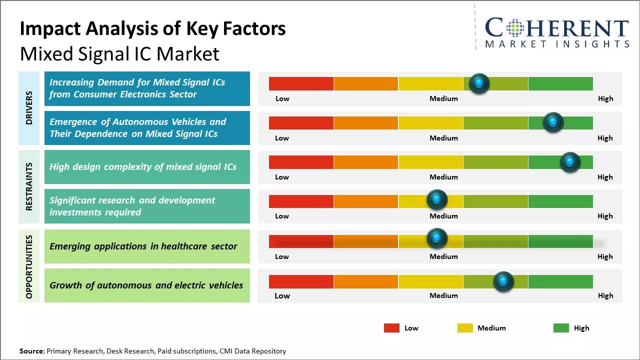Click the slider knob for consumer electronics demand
(479, 83)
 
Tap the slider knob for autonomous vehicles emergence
(553, 122)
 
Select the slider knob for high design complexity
(569, 162)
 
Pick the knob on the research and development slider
(437, 200)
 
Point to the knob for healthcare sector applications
(437, 238)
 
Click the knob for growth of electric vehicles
(503, 281)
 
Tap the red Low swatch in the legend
(391, 328)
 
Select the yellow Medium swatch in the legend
(465, 328)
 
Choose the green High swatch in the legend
(561, 328)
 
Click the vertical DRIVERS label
(29, 108)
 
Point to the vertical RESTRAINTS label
(29, 186)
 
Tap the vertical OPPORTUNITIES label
(29, 266)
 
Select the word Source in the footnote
(31, 351)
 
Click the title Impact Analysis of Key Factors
(152, 28)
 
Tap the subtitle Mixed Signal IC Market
(119, 53)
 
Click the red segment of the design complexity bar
(301, 162)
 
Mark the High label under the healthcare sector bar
(605, 256)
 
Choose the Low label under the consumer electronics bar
(282, 98)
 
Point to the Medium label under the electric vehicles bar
(443, 295)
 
